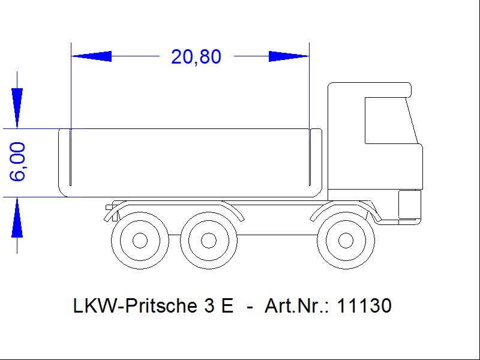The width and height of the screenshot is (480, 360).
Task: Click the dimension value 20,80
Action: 196,57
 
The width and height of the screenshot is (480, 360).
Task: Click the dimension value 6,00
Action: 17,161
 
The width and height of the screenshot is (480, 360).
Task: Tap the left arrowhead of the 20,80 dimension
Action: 91,56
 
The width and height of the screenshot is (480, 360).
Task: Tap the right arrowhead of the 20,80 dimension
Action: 289,56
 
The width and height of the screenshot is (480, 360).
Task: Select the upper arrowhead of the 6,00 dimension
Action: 17,108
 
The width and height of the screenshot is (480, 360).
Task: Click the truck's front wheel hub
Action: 346,241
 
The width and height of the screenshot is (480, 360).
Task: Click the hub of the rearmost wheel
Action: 140,241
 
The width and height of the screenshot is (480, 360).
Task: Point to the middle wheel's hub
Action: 208,241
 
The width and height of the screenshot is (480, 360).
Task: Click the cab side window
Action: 391,121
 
